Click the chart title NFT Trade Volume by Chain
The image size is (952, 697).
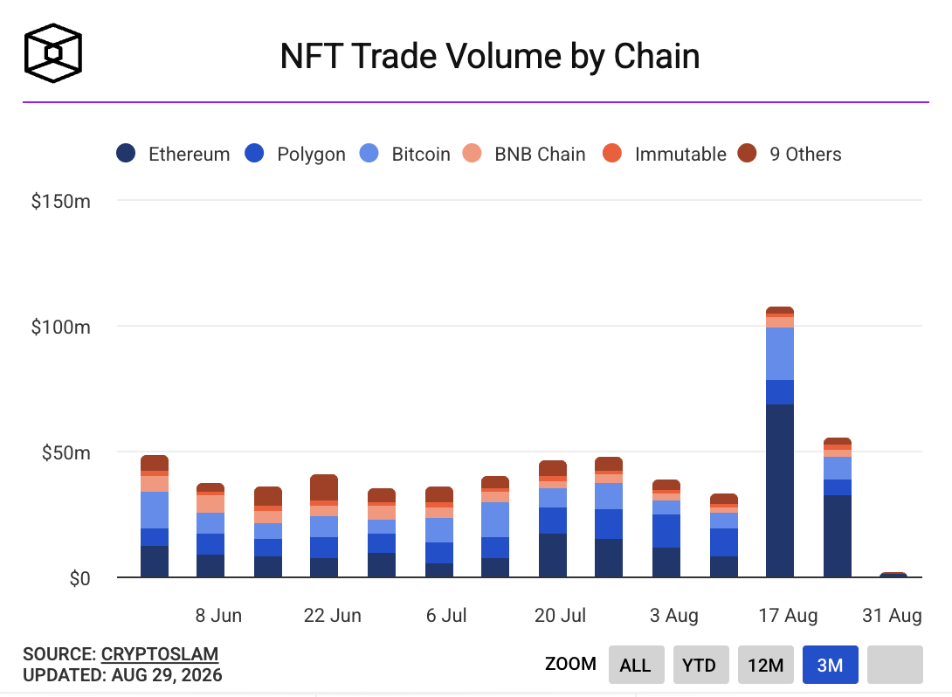click(x=489, y=57)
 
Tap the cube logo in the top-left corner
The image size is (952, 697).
click(x=52, y=52)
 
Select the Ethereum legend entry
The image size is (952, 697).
click(x=173, y=154)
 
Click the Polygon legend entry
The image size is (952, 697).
click(x=295, y=154)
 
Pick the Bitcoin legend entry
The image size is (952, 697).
click(x=405, y=154)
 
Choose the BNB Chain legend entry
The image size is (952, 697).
click(x=524, y=154)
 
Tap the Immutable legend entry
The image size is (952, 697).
click(x=664, y=154)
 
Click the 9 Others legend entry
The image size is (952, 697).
click(x=790, y=154)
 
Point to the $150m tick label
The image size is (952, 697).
click(x=61, y=201)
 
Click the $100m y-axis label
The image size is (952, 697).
click(x=61, y=328)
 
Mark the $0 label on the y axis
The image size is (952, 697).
click(x=79, y=578)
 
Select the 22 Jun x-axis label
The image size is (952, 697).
click(x=332, y=616)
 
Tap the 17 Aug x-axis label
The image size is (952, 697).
click(x=788, y=616)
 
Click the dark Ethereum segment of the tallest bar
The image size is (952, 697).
click(x=780, y=491)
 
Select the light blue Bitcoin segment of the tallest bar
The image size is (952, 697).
click(x=780, y=354)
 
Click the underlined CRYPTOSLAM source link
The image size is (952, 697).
click(x=160, y=654)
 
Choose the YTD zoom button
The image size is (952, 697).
click(x=700, y=665)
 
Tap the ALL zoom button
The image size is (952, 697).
click(x=637, y=665)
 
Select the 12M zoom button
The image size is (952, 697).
click(x=766, y=665)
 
